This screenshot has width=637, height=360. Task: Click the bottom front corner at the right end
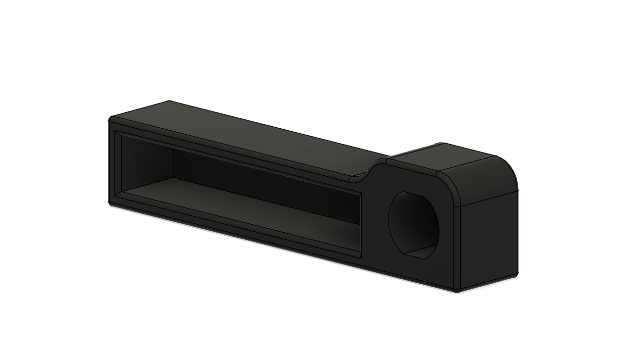(457, 291)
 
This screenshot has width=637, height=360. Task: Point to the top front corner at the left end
(110, 119)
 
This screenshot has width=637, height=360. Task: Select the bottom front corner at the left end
(110, 203)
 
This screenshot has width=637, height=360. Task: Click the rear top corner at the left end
(169, 101)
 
